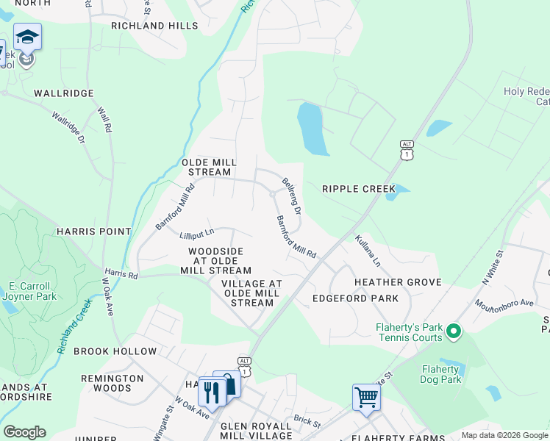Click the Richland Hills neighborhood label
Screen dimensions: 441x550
coord(154,26)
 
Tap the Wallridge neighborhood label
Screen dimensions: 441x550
coord(64,93)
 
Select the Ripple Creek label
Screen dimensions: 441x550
coord(359,189)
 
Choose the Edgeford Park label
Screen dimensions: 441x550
coord(355,298)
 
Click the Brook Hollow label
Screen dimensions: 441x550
coord(115,351)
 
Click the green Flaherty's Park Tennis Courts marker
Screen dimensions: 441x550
coord(454,332)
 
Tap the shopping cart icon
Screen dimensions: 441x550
coord(366,398)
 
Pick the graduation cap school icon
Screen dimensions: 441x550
coord(28,37)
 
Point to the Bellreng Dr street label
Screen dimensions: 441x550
coord(292,196)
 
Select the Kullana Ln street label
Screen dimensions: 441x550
coord(368,251)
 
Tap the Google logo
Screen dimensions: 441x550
coord(24,432)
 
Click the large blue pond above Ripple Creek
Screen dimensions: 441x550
coord(312,129)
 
